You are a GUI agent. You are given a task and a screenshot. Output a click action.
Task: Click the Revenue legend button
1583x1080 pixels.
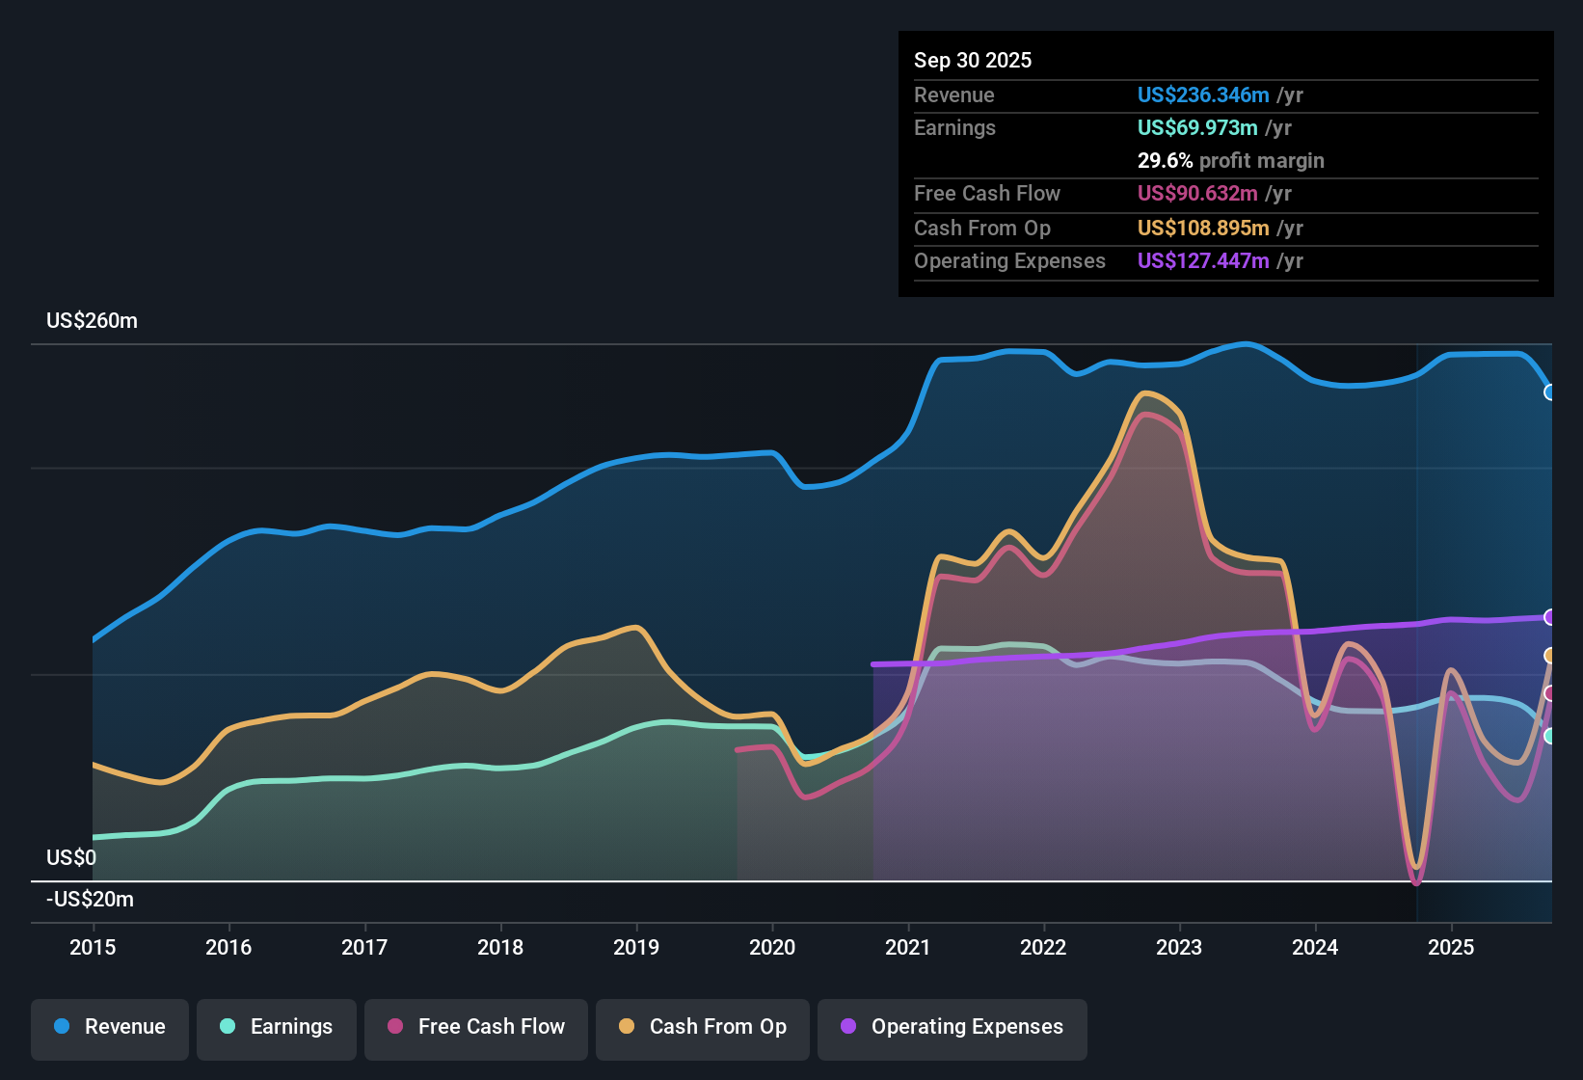(110, 1027)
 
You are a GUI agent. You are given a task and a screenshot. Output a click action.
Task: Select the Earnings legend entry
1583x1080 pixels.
(276, 1027)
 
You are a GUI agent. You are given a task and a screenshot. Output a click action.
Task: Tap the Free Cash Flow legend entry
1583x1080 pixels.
(476, 1027)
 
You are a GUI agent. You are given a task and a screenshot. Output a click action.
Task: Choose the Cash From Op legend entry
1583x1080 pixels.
(703, 1027)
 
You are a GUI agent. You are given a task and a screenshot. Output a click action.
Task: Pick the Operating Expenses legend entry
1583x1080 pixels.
(952, 1027)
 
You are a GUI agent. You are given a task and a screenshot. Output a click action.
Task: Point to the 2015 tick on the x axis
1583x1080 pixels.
(93, 947)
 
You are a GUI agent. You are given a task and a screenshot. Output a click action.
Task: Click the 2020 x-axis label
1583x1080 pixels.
(772, 947)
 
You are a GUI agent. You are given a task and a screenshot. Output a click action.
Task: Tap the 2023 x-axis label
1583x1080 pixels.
(1179, 947)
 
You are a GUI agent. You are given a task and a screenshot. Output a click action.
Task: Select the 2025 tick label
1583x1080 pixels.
(1451, 947)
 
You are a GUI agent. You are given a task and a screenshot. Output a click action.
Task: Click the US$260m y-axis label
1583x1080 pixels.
(92, 321)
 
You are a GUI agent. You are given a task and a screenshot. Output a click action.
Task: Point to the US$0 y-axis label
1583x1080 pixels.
(71, 857)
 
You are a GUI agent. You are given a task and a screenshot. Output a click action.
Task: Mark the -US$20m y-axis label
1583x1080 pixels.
(90, 900)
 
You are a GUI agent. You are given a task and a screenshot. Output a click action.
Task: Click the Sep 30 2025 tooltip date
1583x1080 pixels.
(972, 61)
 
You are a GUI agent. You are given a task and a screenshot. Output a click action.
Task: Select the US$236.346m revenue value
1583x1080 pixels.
(1202, 95)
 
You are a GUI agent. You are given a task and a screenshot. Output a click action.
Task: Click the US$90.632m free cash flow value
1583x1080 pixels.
(1196, 194)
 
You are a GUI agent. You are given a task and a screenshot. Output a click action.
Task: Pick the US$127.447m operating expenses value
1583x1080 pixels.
(1202, 261)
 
